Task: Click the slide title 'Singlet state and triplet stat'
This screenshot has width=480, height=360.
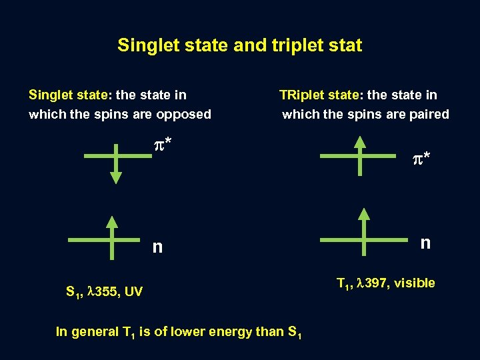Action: [x=239, y=45]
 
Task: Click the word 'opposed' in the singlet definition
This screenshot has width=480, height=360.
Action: [x=183, y=114]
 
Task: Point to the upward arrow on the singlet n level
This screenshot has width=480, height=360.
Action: [x=113, y=236]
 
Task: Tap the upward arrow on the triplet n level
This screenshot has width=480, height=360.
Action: [x=364, y=231]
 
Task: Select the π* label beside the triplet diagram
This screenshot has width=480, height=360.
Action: [x=421, y=159]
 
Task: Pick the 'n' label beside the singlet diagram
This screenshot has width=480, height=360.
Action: [x=157, y=247]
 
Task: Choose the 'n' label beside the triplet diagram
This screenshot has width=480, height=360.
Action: [x=425, y=242]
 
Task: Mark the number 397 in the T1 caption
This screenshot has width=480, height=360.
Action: [x=373, y=283]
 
